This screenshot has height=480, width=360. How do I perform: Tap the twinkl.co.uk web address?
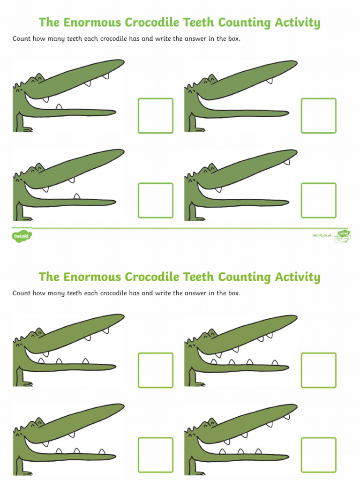tap(322, 235)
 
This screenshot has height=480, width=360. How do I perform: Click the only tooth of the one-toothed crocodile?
tap(269, 81)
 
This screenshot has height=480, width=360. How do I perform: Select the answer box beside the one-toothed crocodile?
tap(318, 115)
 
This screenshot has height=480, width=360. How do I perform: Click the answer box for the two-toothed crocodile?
tap(318, 200)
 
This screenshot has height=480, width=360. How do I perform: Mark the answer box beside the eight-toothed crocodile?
tap(318, 370)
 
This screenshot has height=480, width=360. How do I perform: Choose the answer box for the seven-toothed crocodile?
tap(318, 455)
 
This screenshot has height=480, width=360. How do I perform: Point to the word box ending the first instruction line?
tap(233, 38)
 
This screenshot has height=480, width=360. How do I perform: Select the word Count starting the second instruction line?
tap(22, 293)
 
